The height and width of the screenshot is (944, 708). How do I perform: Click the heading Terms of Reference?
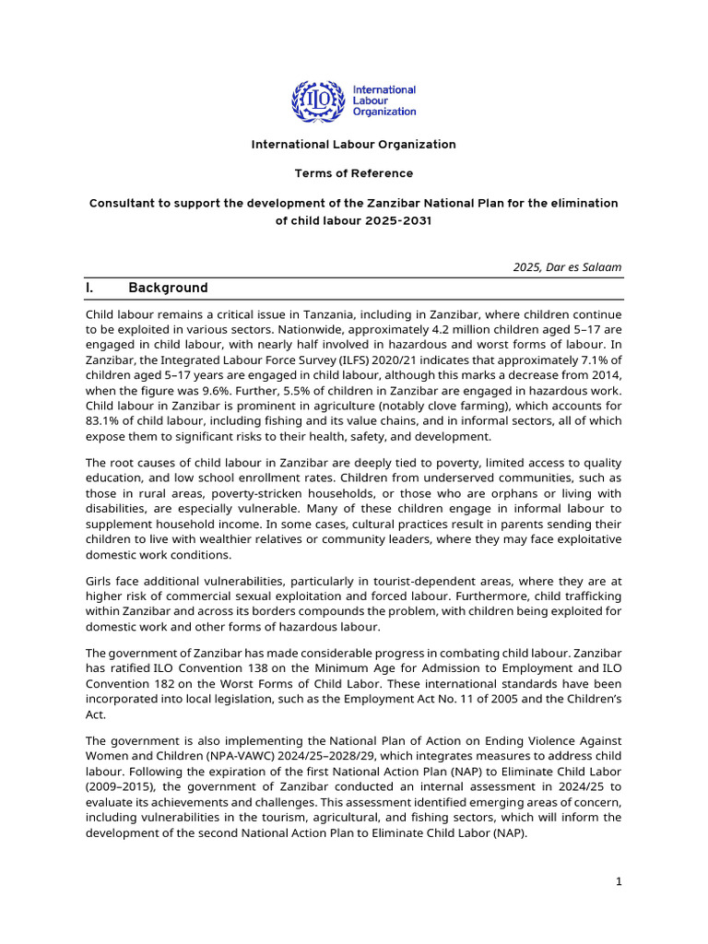pyautogui.click(x=354, y=173)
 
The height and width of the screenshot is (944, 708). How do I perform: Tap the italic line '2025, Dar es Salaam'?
pyautogui.click(x=567, y=267)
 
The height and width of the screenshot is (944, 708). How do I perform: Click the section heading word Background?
pyautogui.click(x=168, y=288)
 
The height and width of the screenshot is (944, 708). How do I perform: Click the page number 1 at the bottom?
pyautogui.click(x=619, y=882)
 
